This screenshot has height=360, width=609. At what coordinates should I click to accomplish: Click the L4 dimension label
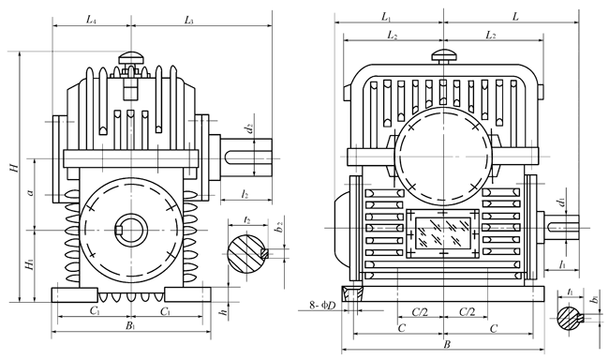tap(91, 20)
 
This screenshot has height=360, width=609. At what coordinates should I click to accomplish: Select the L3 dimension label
tap(188, 20)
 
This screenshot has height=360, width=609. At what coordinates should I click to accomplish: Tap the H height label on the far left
tap(14, 168)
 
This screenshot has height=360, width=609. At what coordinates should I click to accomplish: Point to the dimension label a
tap(31, 192)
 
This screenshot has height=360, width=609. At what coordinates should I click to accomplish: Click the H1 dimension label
tap(30, 265)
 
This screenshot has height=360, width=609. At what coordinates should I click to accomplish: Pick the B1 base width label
tap(130, 325)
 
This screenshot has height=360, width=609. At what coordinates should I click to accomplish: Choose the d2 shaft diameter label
tap(250, 127)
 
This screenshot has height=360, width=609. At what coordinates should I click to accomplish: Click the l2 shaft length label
tap(245, 194)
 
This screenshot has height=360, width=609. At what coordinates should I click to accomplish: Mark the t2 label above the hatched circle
tap(247, 220)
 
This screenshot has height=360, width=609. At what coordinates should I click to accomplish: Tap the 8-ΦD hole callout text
tap(322, 306)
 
